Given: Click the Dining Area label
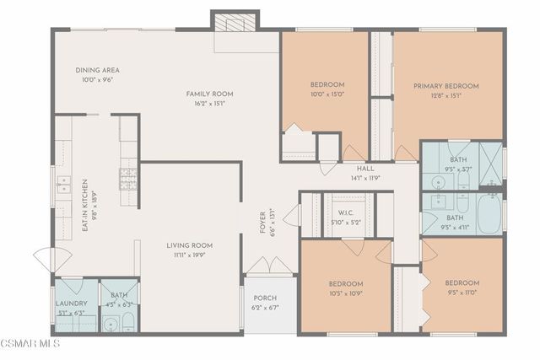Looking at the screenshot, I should tap(98, 71).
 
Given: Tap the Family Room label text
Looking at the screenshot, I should tap(209, 94).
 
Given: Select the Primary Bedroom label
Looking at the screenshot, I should tap(445, 86).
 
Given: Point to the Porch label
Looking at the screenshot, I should tap(264, 298).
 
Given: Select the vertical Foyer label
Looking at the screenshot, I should tap(262, 218).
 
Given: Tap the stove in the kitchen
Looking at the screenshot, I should tap(128, 178).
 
